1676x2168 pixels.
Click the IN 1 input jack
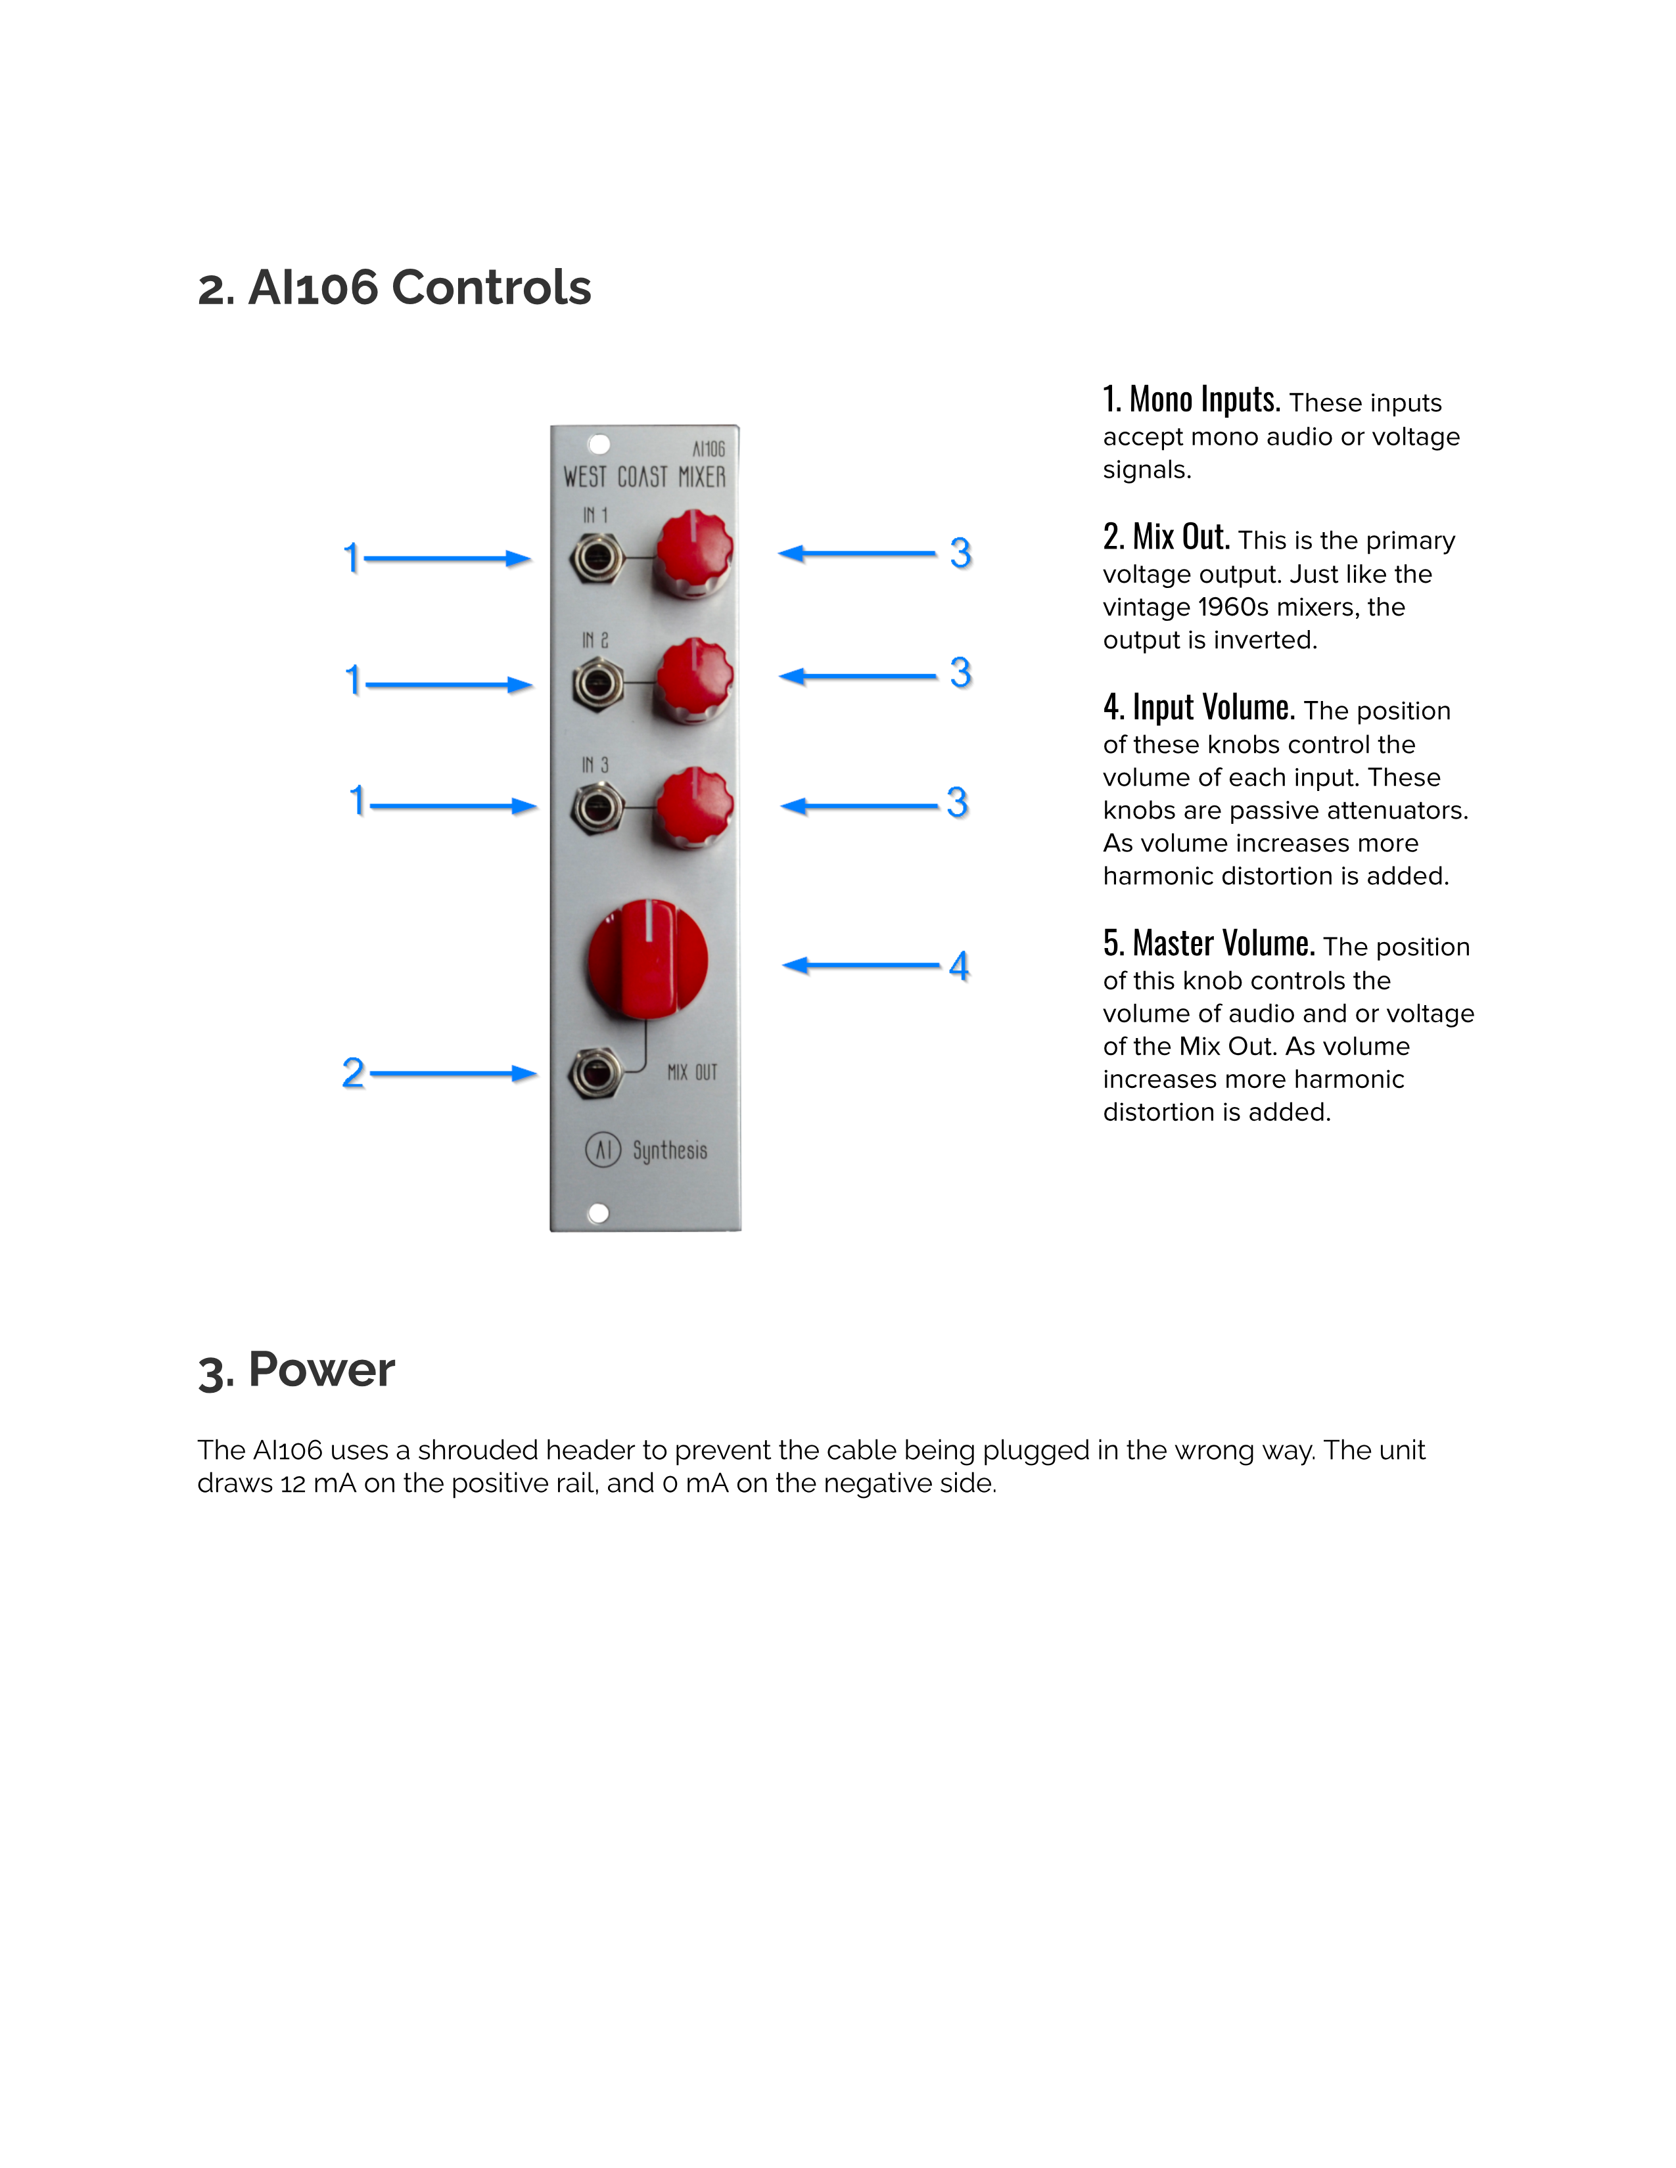pyautogui.click(x=597, y=559)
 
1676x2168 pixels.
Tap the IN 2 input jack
pyautogui.click(x=597, y=684)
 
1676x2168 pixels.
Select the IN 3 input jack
pyautogui.click(x=597, y=807)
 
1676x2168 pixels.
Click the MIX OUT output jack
pyautogui.click(x=595, y=1073)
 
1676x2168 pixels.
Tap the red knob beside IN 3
pyautogui.click(x=694, y=806)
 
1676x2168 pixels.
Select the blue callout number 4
pyautogui.click(x=959, y=965)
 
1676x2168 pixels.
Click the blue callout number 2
pyautogui.click(x=352, y=1073)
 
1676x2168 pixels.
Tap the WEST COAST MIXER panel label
pyautogui.click(x=644, y=478)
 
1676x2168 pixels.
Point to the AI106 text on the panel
pyautogui.click(x=709, y=449)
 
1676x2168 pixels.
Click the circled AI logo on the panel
pyautogui.click(x=603, y=1150)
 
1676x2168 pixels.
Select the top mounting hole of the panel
pyautogui.click(x=599, y=443)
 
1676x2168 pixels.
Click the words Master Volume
pyautogui.click(x=1223, y=943)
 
